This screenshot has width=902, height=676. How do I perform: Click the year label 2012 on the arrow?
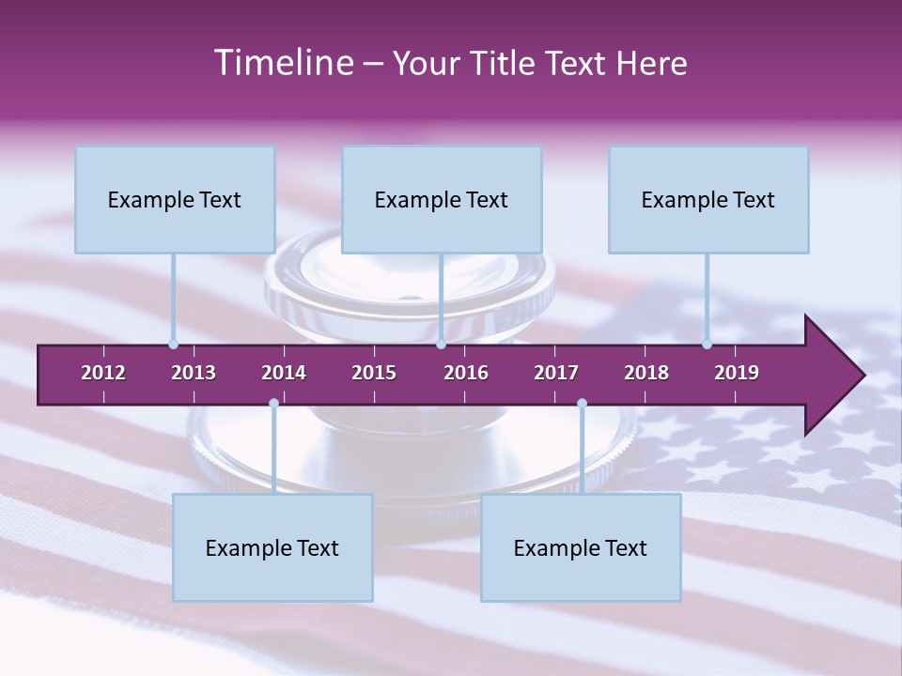pyautogui.click(x=103, y=373)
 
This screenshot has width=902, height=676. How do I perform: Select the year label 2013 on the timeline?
pyautogui.click(x=194, y=373)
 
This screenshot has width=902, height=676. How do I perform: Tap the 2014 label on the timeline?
pyautogui.click(x=284, y=373)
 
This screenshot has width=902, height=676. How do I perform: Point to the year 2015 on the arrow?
pyautogui.click(x=374, y=373)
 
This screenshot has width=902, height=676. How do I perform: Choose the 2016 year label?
pyautogui.click(x=466, y=373)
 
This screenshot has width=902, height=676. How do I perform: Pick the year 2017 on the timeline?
pyautogui.click(x=556, y=373)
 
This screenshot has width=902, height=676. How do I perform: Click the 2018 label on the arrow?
pyautogui.click(x=646, y=373)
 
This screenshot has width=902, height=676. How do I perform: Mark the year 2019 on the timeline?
pyautogui.click(x=737, y=373)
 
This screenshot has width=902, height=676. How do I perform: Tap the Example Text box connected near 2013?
pyautogui.click(x=175, y=200)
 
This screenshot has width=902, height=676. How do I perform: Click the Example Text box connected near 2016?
pyautogui.click(x=442, y=200)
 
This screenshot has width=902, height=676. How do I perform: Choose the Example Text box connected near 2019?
pyautogui.click(x=708, y=200)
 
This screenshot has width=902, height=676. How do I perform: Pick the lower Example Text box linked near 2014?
pyautogui.click(x=272, y=548)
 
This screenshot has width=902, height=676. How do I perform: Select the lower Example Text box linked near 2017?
pyautogui.click(x=581, y=548)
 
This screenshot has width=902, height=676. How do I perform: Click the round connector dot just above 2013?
pyautogui.click(x=173, y=345)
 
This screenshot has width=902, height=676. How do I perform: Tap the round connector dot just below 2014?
pyautogui.click(x=273, y=404)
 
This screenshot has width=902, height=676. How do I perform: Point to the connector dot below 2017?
pyautogui.click(x=582, y=404)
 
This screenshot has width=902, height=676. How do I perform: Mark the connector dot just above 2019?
pyautogui.click(x=707, y=345)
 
